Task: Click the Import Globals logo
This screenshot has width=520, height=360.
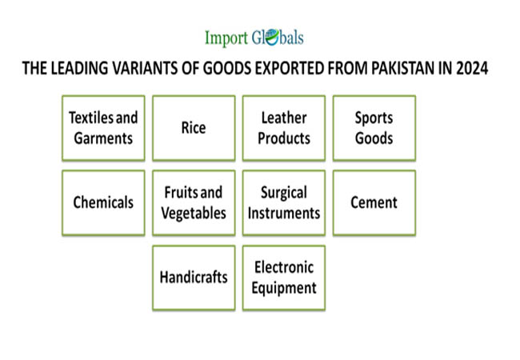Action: (254, 37)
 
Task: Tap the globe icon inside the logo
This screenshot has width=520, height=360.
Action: (272, 37)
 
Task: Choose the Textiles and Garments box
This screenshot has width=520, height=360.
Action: (103, 128)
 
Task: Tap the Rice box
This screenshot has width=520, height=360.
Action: (194, 128)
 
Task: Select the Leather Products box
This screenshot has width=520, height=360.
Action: (284, 128)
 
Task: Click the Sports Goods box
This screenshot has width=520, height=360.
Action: (374, 128)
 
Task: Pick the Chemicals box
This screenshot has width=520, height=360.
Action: (103, 203)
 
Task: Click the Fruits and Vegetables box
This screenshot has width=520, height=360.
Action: (194, 203)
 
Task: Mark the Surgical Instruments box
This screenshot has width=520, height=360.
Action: (284, 203)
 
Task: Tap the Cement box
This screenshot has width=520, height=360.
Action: (374, 203)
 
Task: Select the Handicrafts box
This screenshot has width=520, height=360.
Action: (194, 278)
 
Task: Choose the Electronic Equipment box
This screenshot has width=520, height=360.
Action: (284, 278)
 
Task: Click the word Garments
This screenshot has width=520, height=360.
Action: (103, 138)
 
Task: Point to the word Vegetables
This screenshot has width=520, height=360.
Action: (194, 213)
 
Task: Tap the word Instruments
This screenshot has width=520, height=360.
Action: (284, 213)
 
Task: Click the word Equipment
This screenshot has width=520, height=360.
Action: (284, 288)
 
